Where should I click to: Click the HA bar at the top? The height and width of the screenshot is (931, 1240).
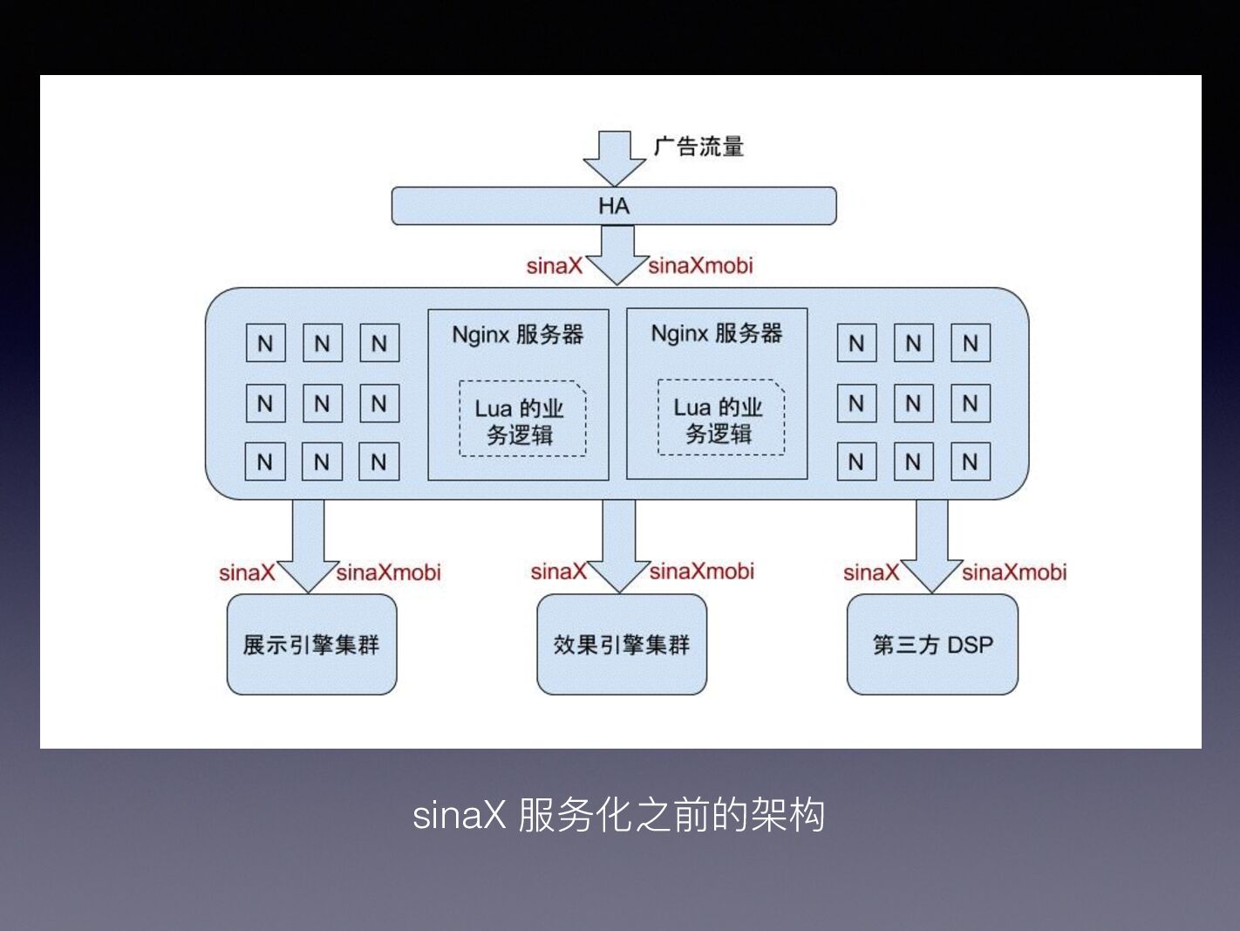pos(613,206)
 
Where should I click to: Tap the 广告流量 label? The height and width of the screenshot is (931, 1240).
pos(698,147)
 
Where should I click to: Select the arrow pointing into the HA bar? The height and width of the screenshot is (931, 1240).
pos(614,157)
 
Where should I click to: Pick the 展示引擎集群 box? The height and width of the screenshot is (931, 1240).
pos(311,645)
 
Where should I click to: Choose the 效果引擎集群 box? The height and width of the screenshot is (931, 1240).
pos(621,645)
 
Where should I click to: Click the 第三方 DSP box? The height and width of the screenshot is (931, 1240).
pos(932,645)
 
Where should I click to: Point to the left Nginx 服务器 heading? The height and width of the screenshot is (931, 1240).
pos(517,334)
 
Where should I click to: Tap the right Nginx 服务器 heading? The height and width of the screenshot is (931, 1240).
pos(717,333)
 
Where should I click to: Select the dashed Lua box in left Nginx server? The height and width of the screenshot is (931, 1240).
pos(521,420)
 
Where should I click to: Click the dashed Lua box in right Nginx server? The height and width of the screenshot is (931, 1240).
pos(720,418)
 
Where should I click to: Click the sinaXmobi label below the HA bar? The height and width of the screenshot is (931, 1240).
pos(700,265)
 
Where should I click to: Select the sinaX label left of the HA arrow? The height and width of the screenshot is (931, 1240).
pos(554,266)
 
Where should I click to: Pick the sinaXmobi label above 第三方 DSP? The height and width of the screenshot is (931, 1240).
pos(1014,572)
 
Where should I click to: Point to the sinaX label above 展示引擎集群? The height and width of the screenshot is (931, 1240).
pos(247,573)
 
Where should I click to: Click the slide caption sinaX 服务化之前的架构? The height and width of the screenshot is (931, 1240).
pos(618,815)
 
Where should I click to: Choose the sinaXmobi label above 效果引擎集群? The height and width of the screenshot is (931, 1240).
pos(702,572)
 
